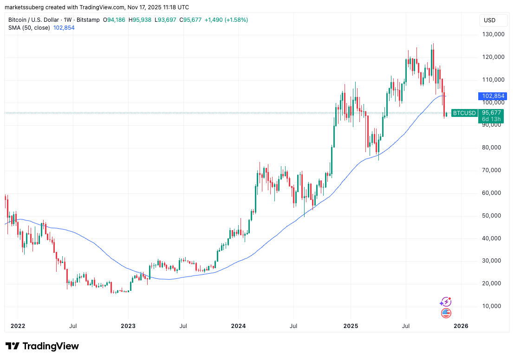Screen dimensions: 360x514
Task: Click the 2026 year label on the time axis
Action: pos(461,326)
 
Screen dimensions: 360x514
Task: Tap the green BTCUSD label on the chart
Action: pos(464,113)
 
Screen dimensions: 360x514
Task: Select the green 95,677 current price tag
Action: pos(491,113)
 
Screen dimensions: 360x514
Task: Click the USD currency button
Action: pos(489,20)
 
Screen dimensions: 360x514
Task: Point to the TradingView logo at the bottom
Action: pos(42,346)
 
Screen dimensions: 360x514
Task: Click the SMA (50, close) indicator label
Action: pos(29,28)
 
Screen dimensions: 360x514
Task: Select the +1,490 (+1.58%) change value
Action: pos(226,20)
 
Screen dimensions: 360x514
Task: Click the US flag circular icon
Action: pos(446,313)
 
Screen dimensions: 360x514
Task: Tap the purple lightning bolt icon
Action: pos(445,302)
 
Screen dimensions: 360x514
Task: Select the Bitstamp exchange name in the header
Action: pos(88,20)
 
